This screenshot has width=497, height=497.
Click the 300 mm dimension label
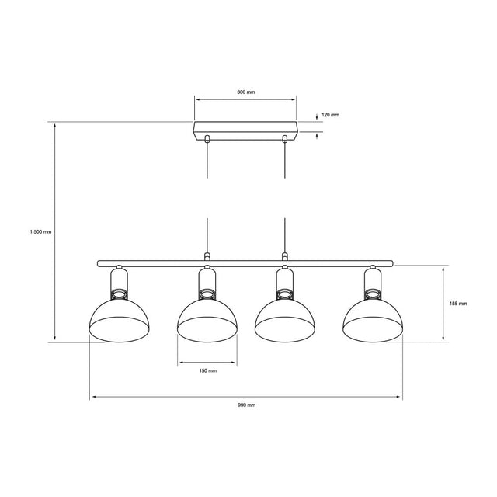246,92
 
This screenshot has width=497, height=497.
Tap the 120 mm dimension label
330,115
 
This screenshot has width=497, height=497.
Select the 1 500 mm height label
40,231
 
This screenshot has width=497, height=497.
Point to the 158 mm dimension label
458,304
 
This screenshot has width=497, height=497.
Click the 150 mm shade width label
207,370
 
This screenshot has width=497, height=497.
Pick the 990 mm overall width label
246,405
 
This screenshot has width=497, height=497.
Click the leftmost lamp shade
119,321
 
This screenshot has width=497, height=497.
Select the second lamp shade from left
207,321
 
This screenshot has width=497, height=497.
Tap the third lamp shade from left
285,321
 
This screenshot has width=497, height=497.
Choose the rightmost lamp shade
373,321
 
